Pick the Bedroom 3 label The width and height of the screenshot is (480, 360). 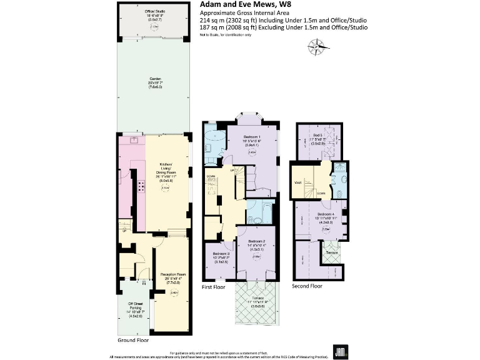[219, 256]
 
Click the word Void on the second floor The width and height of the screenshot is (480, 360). [297, 182]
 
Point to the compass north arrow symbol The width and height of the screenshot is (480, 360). [317, 46]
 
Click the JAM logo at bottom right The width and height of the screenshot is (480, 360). [340, 351]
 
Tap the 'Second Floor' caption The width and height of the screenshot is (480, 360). [307, 286]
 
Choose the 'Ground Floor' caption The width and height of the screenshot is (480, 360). [133, 341]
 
